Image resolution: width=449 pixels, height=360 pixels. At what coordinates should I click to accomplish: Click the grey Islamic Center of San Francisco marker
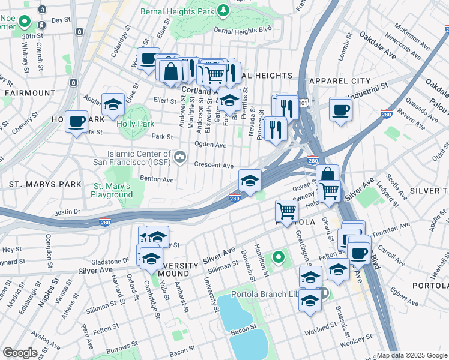(x=179, y=157)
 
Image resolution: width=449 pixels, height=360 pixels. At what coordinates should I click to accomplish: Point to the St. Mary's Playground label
(x=112, y=191)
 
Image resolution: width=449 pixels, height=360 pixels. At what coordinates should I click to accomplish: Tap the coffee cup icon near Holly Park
(x=77, y=122)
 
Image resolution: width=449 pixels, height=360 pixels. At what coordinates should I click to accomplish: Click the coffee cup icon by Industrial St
(x=340, y=110)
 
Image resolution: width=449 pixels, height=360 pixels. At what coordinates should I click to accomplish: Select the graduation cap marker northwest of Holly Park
(x=113, y=105)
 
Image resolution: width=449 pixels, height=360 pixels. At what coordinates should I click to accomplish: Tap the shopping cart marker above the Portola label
(x=287, y=211)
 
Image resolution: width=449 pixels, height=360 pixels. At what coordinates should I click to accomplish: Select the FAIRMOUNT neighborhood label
(x=29, y=93)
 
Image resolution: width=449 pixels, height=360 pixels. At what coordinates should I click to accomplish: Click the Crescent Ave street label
(x=213, y=165)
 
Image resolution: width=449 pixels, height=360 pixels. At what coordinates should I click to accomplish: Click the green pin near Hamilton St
(x=279, y=258)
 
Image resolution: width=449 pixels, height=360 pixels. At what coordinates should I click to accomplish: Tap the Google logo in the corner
(x=20, y=353)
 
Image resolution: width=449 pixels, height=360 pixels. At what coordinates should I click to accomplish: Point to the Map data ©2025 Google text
(x=411, y=355)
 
